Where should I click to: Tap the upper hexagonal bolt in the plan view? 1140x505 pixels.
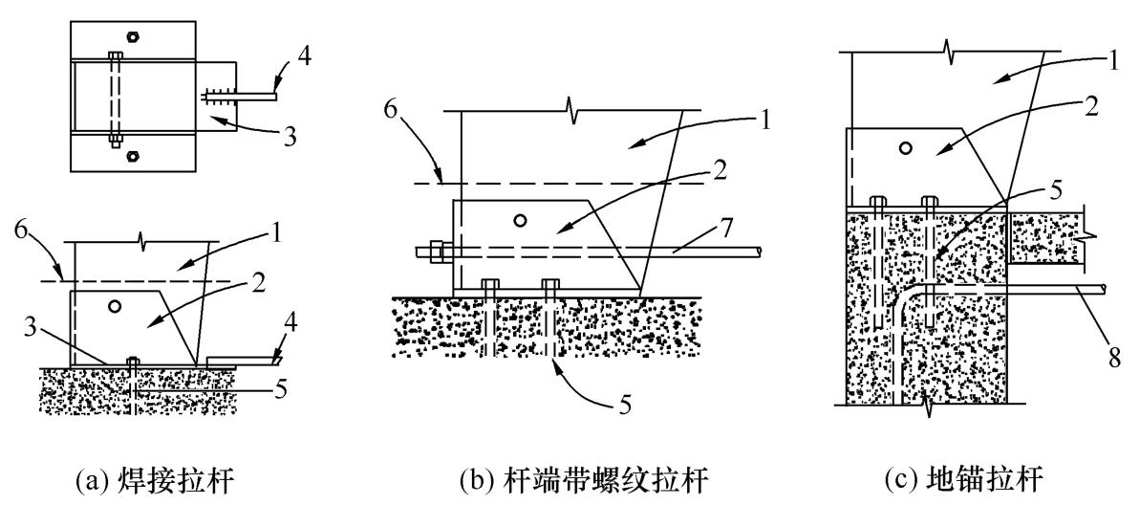(x=132, y=35)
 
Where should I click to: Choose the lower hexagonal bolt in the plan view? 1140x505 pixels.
(x=132, y=154)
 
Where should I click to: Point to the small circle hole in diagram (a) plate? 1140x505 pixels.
(x=114, y=306)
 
